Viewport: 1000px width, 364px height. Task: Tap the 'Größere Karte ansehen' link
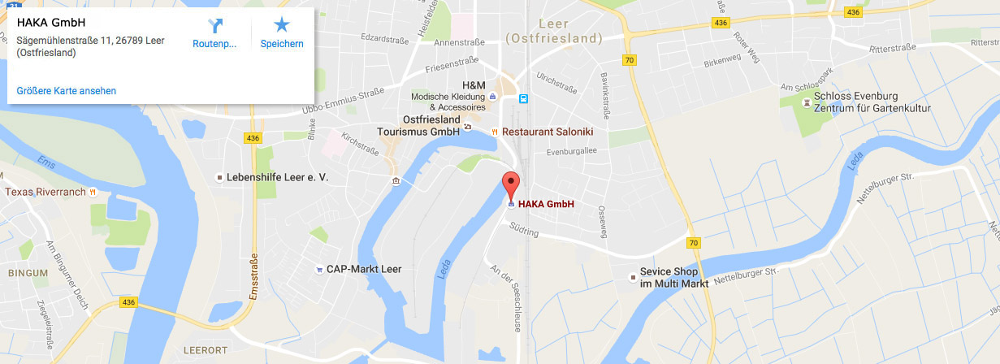66,90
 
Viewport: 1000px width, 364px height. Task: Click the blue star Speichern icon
281,25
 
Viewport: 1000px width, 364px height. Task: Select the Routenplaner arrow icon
214,25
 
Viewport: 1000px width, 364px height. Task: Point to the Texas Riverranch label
45,193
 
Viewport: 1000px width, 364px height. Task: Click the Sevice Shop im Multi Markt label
674,277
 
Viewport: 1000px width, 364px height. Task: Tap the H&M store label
474,85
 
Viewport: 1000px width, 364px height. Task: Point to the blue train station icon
525,99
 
